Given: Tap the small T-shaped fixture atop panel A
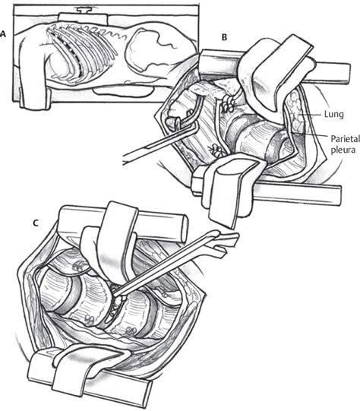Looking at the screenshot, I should click(84, 11).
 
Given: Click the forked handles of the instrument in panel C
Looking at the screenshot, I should click(220, 242).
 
